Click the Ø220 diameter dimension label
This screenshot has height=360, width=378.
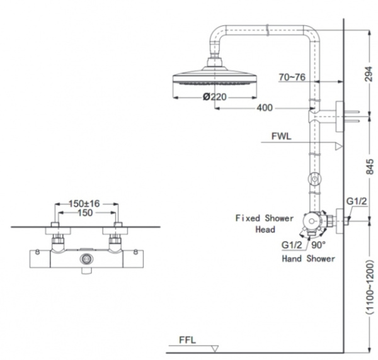[x=215, y=97]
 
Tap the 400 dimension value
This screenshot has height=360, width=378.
[x=265, y=108]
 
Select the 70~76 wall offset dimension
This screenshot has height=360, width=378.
[x=292, y=77]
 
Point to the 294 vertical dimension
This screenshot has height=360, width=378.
[x=369, y=74]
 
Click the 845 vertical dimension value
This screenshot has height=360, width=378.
[x=369, y=166]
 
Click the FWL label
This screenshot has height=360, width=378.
[x=282, y=137]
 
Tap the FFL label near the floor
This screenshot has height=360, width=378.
[x=187, y=340]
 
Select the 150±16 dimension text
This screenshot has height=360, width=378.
[x=84, y=204]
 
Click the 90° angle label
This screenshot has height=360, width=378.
[x=318, y=245]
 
